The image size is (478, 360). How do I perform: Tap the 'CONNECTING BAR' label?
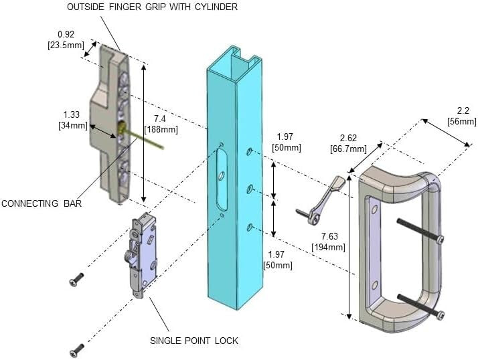tap(42, 203)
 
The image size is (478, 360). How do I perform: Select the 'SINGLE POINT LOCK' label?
tap(195, 341)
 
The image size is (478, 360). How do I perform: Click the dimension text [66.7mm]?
tap(348, 149)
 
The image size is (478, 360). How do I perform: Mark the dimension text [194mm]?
tap(329, 247)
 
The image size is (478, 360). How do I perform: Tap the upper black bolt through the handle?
tap(420, 230)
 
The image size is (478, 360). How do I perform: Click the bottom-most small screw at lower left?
tap(77, 349)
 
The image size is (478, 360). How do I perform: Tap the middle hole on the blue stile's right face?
tap(249, 189)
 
